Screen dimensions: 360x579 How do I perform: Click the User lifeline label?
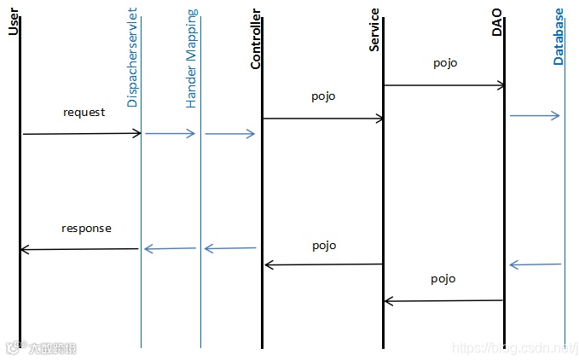tap(13, 20)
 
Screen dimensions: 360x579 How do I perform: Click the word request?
tap(84, 112)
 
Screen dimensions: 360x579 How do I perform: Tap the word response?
tap(86, 229)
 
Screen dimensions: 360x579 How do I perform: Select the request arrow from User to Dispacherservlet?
tap(81, 133)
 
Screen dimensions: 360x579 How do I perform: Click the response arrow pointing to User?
tap(78, 249)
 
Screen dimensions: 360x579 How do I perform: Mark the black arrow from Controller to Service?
tap(323, 119)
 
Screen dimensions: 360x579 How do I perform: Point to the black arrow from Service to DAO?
tap(444, 85)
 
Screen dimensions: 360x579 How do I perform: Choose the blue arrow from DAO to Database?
tap(535, 115)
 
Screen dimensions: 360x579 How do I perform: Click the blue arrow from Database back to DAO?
tap(535, 264)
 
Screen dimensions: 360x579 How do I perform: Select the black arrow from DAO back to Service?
tap(443, 300)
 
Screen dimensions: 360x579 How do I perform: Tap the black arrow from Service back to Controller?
tap(323, 264)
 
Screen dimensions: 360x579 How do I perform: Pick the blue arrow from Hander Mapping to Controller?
tap(229, 134)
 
